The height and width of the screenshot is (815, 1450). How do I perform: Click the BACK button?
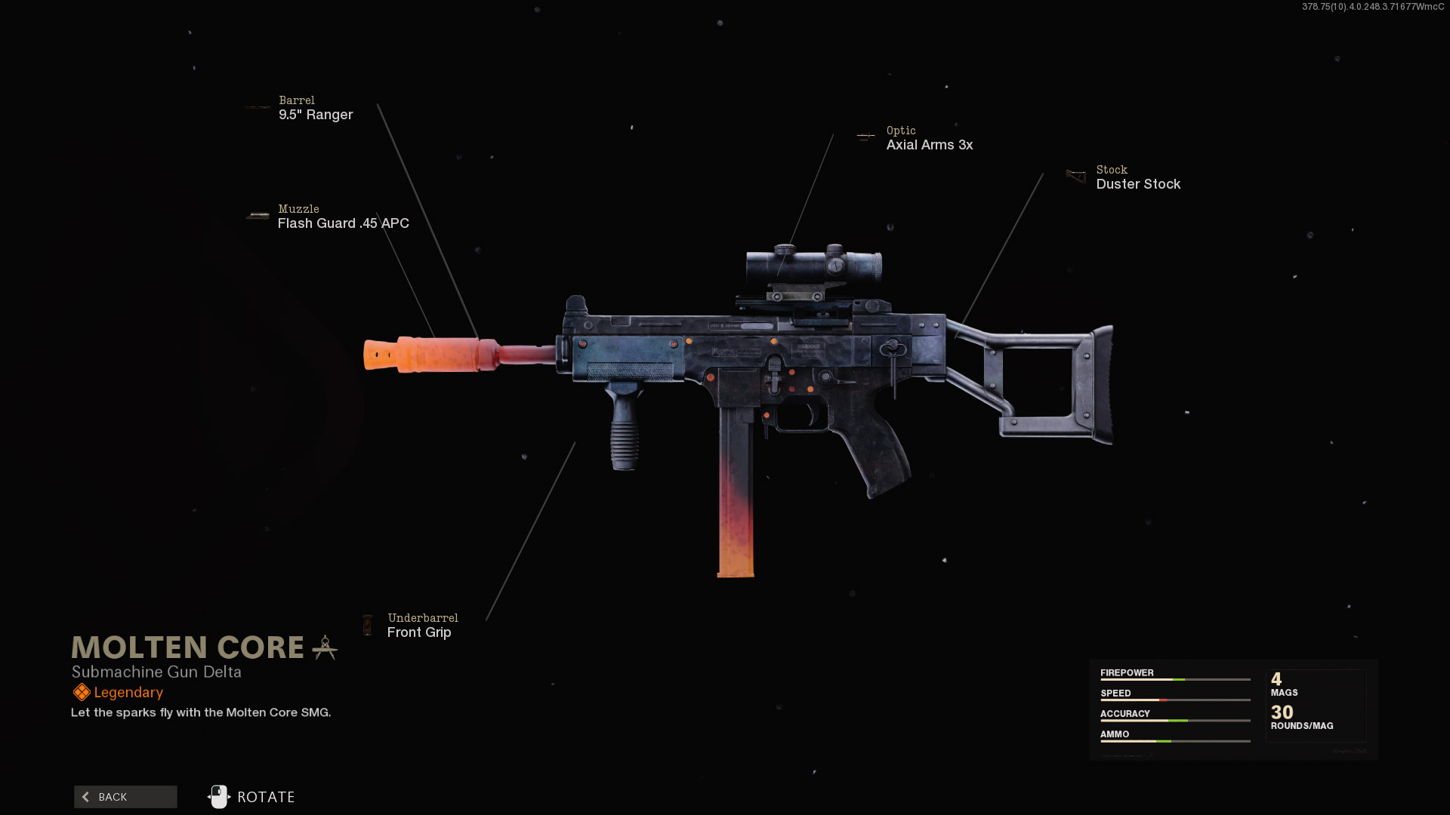[125, 797]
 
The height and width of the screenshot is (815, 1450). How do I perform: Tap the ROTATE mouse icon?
[219, 797]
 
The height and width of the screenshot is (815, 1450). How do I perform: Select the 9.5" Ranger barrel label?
[316, 115]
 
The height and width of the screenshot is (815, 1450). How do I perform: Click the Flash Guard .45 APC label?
[343, 223]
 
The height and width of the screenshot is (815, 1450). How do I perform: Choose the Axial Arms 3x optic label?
[929, 145]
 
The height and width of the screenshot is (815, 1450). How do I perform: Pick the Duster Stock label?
[1137, 184]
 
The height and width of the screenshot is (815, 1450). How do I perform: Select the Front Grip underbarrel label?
[419, 632]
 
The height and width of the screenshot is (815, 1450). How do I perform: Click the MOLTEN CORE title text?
[187, 647]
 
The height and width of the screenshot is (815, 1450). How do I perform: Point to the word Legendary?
[128, 693]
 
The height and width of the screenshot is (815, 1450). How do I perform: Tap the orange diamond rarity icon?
[82, 692]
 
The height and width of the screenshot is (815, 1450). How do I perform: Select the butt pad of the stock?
[1103, 385]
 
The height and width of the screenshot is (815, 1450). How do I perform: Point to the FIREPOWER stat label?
[1127, 672]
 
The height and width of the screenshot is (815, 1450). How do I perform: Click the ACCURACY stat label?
[1125, 713]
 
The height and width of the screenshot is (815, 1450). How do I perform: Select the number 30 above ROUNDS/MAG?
[1282, 712]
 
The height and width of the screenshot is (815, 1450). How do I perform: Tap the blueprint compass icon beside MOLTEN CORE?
[325, 647]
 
